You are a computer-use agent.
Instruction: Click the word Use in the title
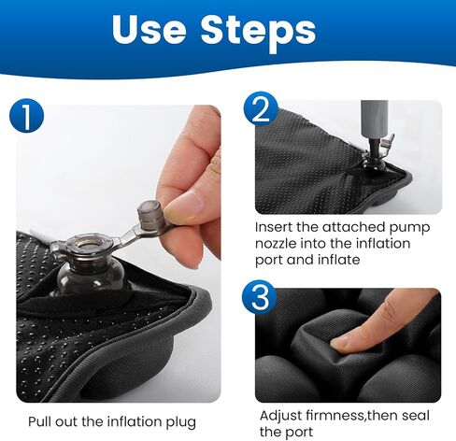click(149, 29)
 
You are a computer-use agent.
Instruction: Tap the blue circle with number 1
click(27, 116)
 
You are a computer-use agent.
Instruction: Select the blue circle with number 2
click(261, 108)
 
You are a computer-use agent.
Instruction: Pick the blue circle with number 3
click(260, 298)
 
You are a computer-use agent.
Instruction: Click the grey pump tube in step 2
click(374, 120)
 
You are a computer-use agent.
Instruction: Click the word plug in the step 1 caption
click(180, 422)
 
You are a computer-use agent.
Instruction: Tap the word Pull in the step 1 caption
click(39, 421)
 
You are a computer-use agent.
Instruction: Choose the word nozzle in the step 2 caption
click(276, 243)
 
